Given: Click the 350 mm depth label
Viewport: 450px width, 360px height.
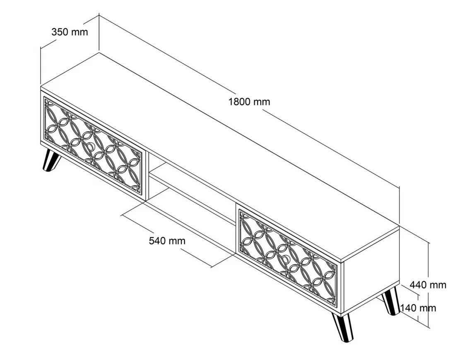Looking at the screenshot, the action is (70, 32).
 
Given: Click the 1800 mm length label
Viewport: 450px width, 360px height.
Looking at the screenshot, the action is (249, 101).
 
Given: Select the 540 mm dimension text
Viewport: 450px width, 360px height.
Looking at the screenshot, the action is (167, 241).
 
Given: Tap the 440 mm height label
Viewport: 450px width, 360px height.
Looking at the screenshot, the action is (428, 285).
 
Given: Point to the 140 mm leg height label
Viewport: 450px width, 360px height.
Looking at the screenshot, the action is (418, 308).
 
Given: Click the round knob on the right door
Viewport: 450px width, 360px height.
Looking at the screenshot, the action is (286, 260).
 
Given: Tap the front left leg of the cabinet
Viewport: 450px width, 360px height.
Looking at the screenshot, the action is (51, 161).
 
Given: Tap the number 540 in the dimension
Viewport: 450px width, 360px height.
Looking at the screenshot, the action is (157, 241).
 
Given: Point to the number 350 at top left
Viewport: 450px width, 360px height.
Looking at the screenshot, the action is (60, 32).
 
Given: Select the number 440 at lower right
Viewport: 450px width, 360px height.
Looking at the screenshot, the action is (418, 285).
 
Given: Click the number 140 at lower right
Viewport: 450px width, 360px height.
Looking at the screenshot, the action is (408, 308).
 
